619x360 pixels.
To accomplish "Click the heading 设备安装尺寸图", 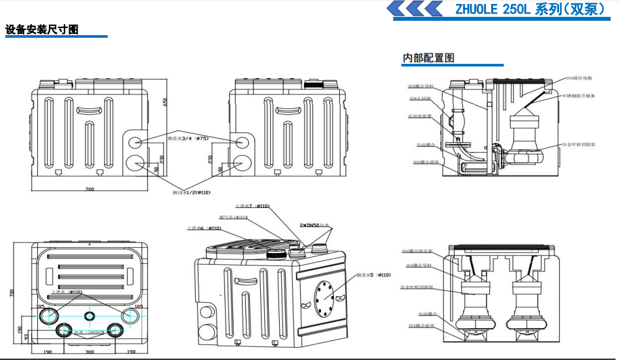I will click(x=42, y=30).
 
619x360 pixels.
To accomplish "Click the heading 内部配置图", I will click(x=429, y=58).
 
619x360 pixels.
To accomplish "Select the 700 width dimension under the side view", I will click(x=89, y=189).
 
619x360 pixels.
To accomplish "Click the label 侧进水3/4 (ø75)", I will click(x=187, y=138).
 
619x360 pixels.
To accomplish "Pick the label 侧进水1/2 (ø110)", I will click(x=192, y=192).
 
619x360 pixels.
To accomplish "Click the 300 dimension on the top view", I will click(x=89, y=352).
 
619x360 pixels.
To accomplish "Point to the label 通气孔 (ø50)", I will click(x=232, y=217).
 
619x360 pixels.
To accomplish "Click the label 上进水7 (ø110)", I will click(x=252, y=206).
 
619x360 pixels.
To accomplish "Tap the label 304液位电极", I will click(x=579, y=78).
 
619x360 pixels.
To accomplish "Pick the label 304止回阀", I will click(x=420, y=98).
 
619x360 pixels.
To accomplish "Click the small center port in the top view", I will click(x=90, y=315).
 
